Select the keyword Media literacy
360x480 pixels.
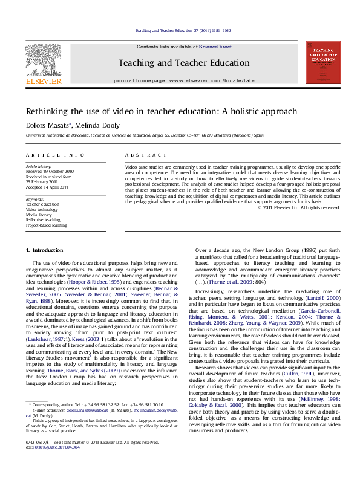click(x=39, y=215)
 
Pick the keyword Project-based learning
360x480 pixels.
click(x=46, y=225)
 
